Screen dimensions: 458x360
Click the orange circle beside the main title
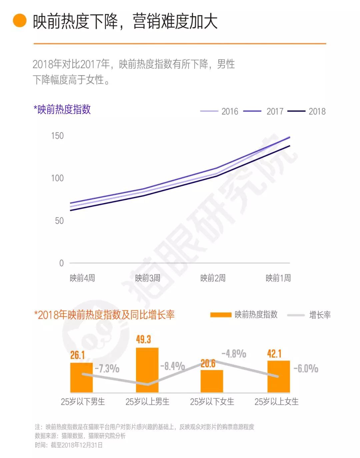click(x=19, y=21)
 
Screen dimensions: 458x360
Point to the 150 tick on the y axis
click(x=57, y=136)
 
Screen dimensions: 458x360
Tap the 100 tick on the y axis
click(x=57, y=178)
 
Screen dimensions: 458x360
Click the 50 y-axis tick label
click(x=59, y=221)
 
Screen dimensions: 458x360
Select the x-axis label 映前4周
click(x=82, y=278)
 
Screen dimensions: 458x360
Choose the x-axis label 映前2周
click(x=213, y=278)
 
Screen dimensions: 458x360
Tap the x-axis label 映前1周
click(x=278, y=278)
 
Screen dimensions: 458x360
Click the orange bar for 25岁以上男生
click(x=147, y=370)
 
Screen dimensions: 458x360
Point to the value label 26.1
click(x=78, y=355)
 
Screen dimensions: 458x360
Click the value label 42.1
click(x=274, y=354)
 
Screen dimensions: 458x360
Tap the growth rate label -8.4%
click(x=173, y=366)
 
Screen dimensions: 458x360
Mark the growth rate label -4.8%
click(x=234, y=354)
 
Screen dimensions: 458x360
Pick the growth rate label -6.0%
click(x=306, y=368)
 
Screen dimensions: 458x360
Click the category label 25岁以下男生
click(x=83, y=402)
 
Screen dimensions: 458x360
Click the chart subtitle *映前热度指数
click(x=62, y=109)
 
